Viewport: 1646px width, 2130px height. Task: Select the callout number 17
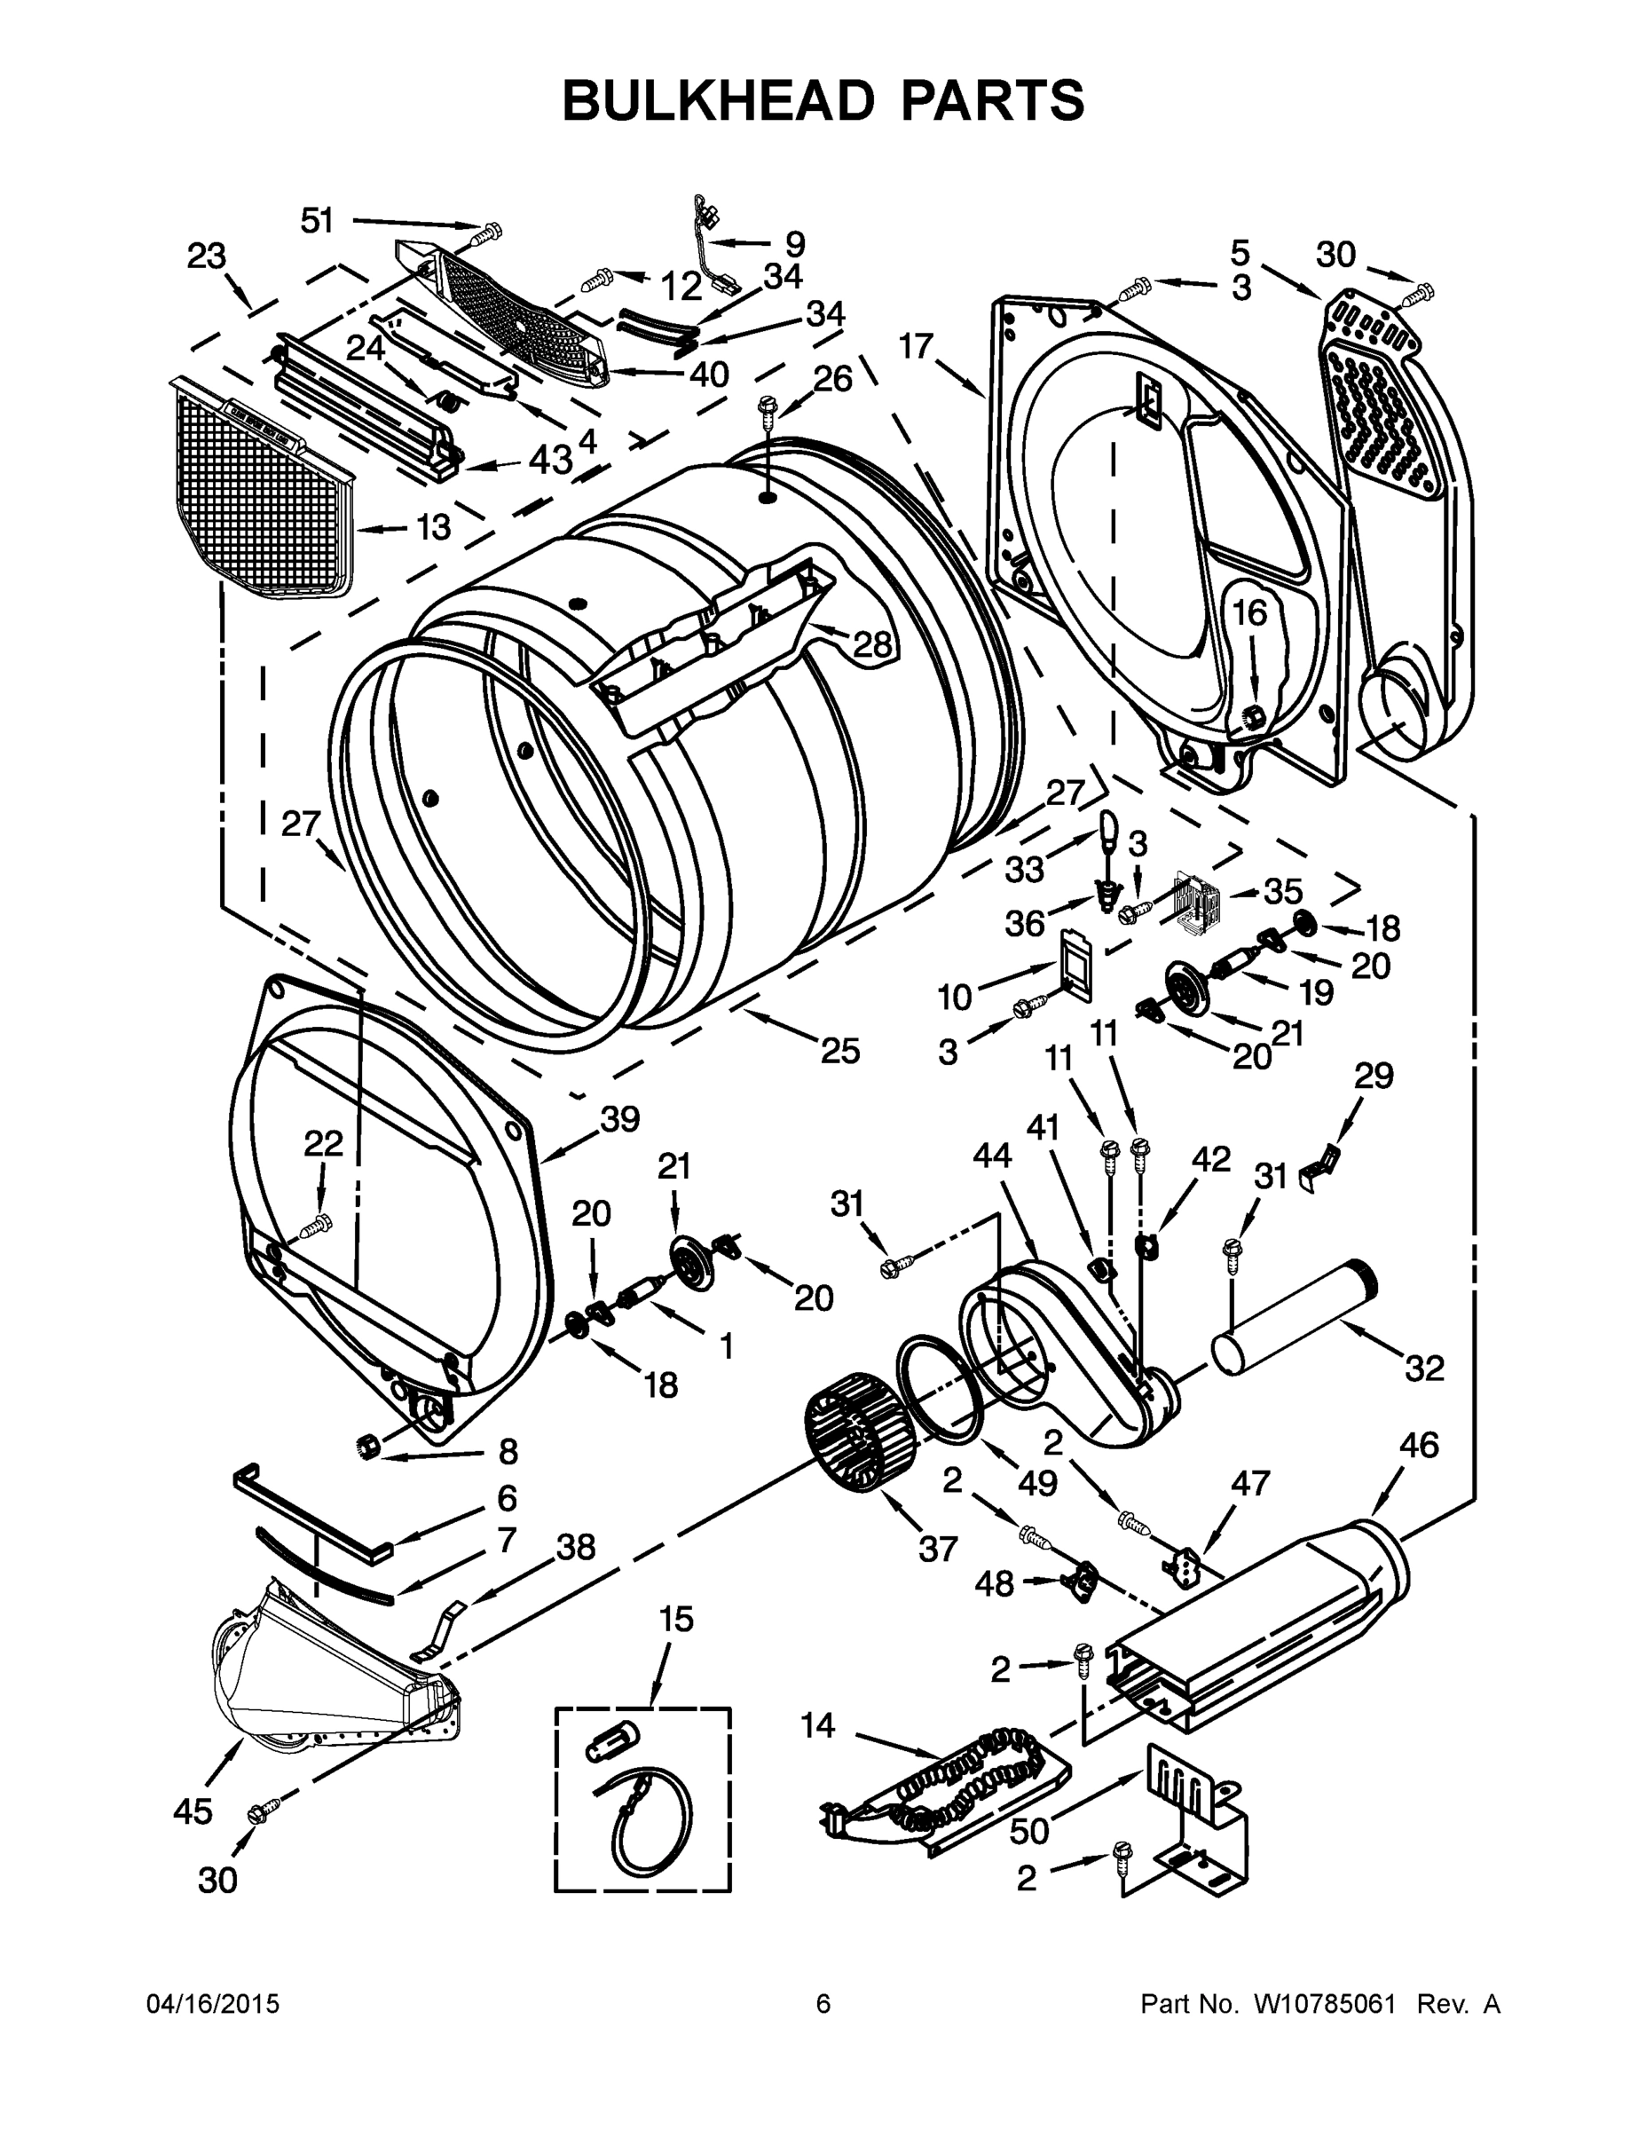coord(917,345)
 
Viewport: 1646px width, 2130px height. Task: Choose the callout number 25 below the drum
coord(839,1051)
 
